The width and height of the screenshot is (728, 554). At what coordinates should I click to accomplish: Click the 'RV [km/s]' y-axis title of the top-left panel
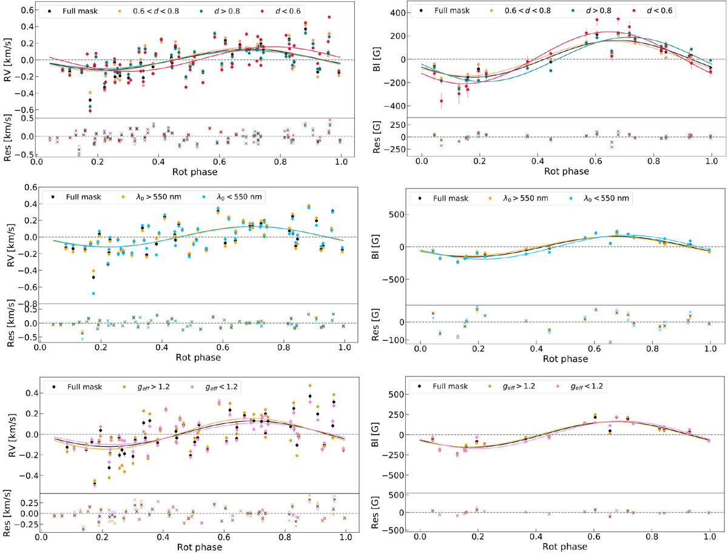click(8, 60)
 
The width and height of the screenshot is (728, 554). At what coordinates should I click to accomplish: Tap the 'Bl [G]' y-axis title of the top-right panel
click(388, 61)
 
